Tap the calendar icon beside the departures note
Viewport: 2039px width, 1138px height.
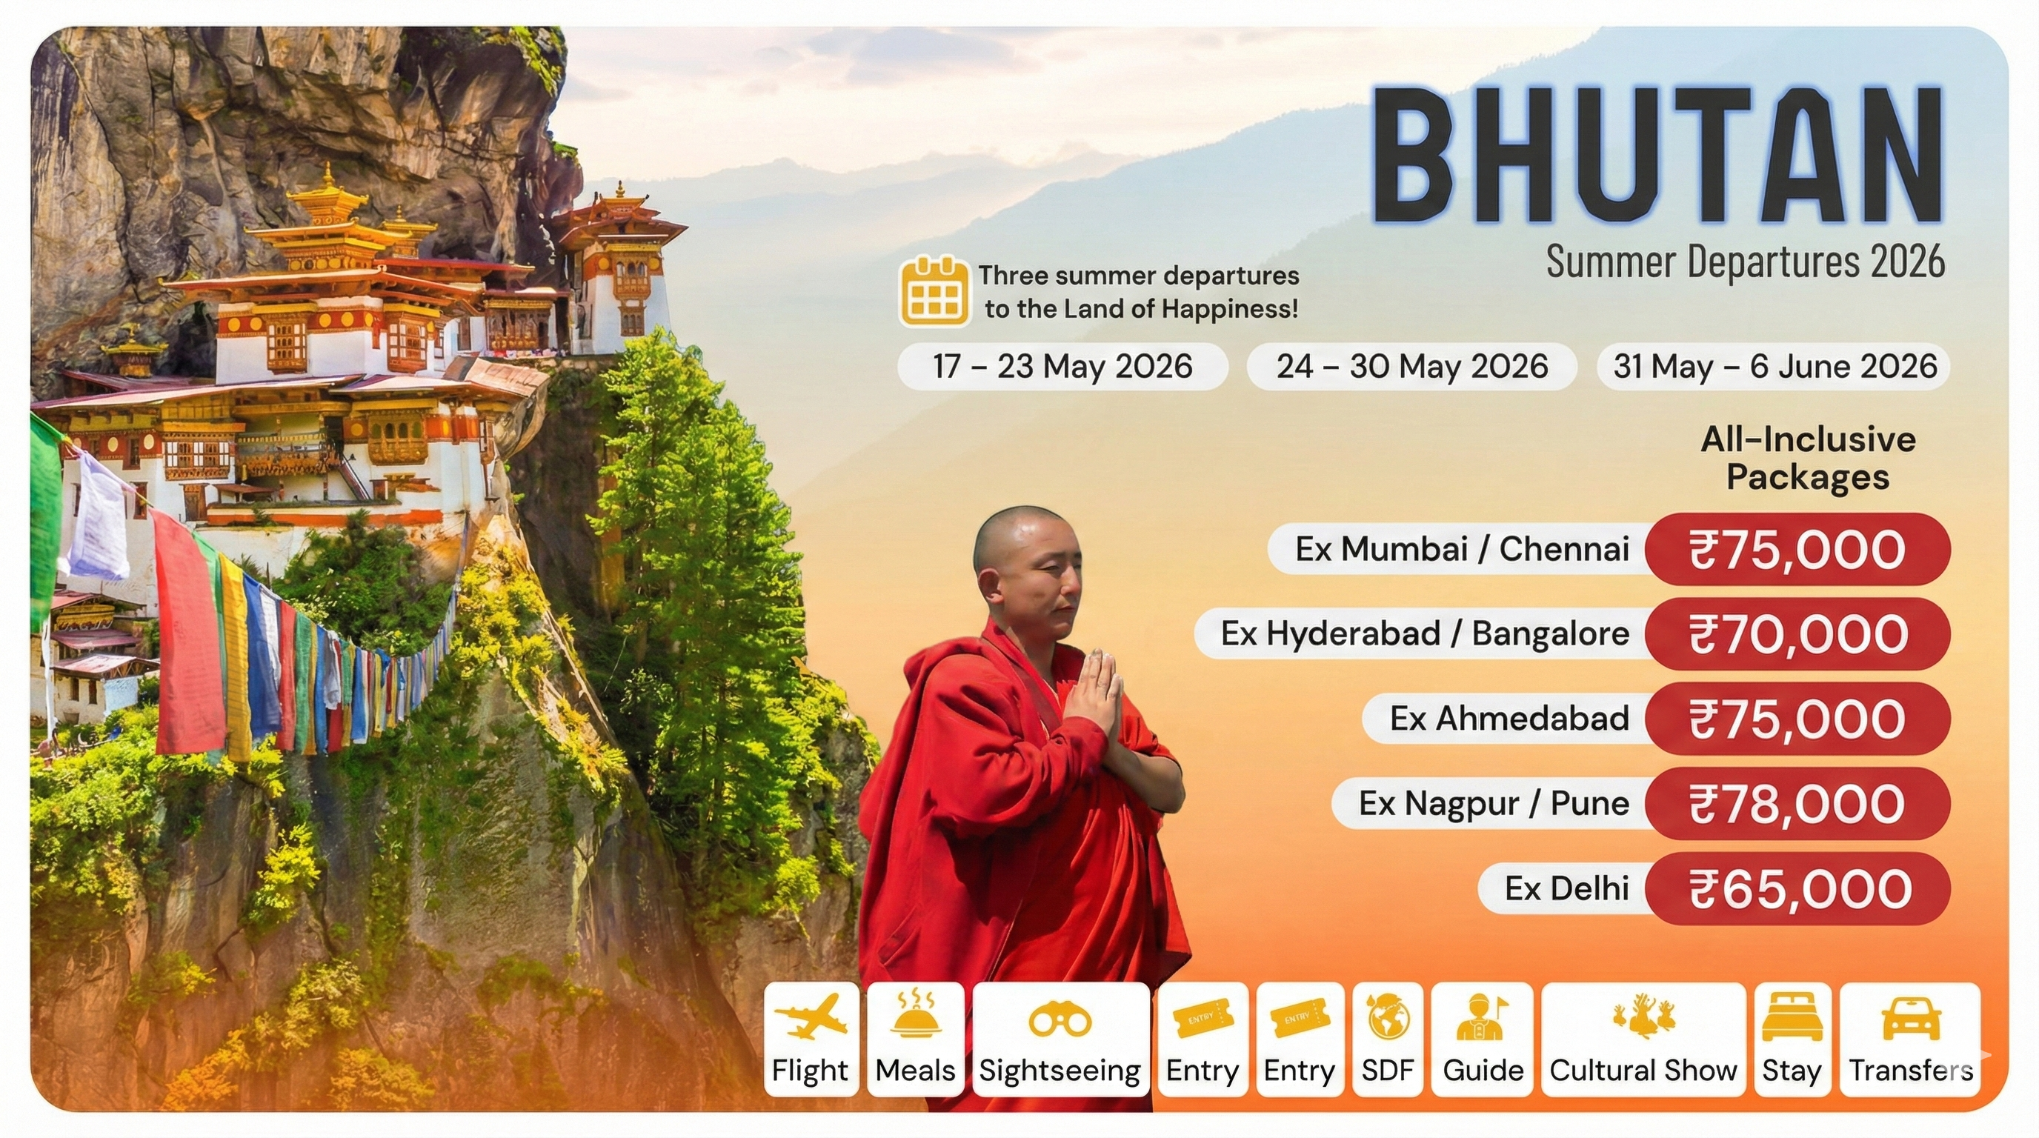tap(934, 291)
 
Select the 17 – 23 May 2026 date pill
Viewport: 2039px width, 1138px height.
tap(1062, 367)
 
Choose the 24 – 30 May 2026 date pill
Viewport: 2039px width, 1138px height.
tap(1412, 367)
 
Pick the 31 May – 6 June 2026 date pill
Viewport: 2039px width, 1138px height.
tap(1774, 367)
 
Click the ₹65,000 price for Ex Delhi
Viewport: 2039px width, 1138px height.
tap(1797, 888)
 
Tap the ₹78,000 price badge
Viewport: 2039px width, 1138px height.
tap(1797, 803)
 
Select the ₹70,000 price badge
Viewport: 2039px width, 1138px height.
tap(1797, 634)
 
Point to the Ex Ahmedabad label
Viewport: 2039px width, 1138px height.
tap(1509, 719)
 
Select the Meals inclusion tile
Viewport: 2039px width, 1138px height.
tap(916, 1039)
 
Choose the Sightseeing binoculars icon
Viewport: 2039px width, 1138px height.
tap(1060, 1020)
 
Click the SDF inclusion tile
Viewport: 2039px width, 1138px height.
tap(1388, 1039)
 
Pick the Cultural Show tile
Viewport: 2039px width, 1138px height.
tap(1643, 1039)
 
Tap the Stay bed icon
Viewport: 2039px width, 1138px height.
tap(1792, 1019)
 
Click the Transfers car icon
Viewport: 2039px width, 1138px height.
tap(1911, 1019)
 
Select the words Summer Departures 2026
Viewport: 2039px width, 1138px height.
tap(1746, 262)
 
